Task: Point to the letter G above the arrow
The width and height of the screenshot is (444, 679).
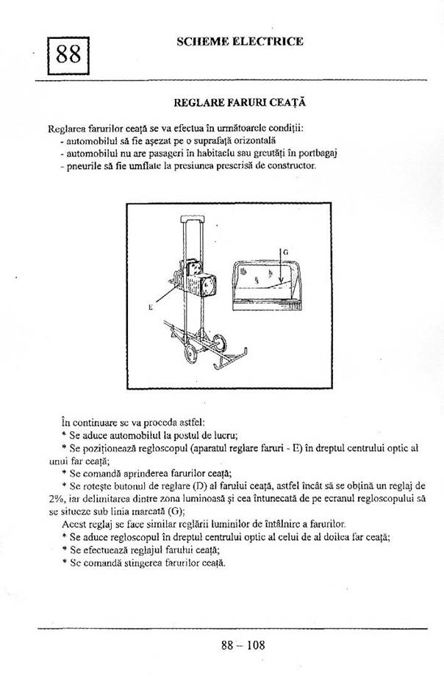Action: pos(285,252)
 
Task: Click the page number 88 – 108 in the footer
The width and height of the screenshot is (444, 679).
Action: pos(242,646)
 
